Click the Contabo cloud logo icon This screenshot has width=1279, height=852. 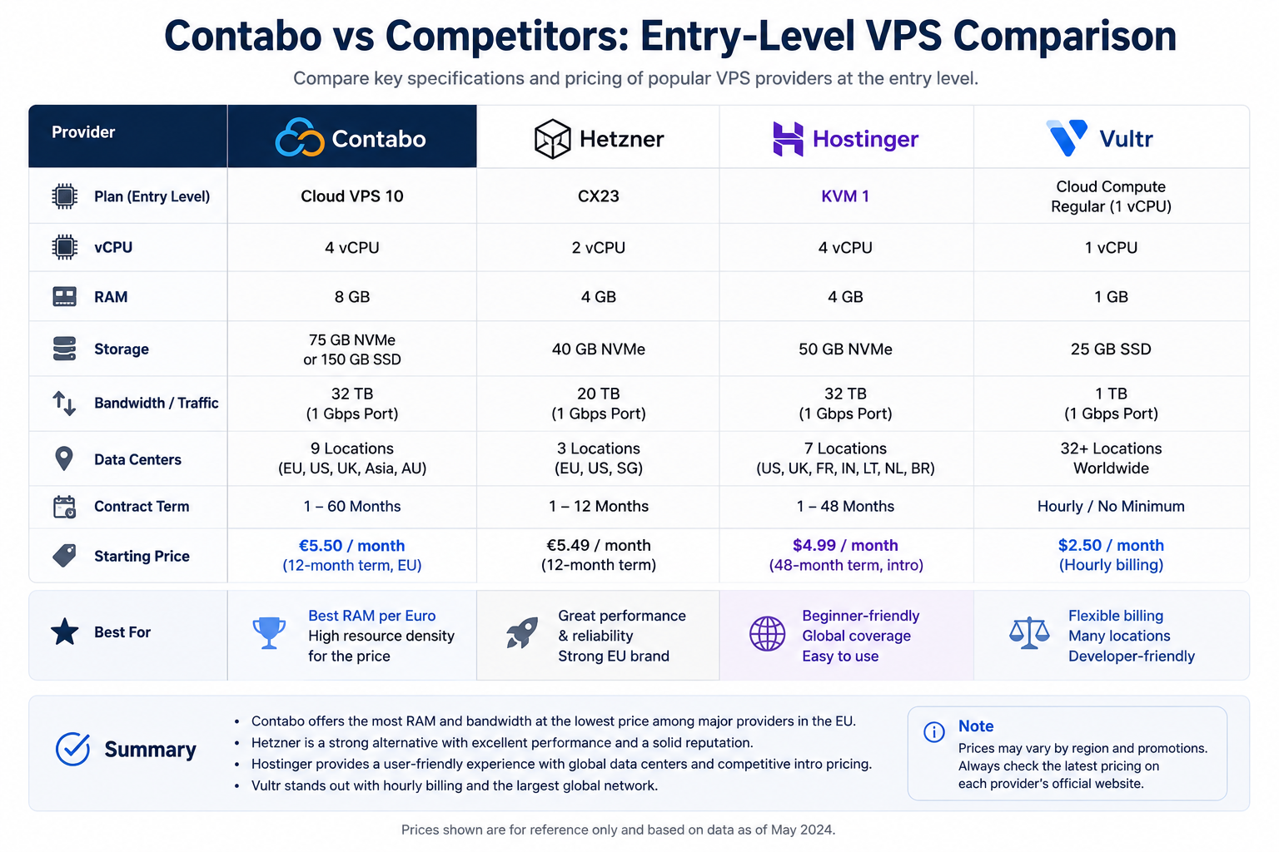(300, 137)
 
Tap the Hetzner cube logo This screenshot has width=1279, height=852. (552, 139)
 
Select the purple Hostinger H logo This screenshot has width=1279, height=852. (788, 139)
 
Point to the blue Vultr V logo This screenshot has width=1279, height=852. (1067, 137)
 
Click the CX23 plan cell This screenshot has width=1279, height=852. (599, 196)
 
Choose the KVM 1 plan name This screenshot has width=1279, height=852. (845, 196)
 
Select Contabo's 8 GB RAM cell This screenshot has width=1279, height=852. (352, 297)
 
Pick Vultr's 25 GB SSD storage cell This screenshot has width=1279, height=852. (1111, 349)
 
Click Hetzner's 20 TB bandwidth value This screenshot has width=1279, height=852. (599, 394)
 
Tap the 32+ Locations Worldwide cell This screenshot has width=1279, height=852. (1111, 458)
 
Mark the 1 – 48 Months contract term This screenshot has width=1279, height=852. (845, 506)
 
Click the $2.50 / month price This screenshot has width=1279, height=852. (1111, 545)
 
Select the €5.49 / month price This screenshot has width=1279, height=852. (599, 545)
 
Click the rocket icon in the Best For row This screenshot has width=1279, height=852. (522, 632)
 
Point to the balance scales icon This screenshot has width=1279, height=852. (1029, 633)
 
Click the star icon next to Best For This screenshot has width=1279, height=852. (64, 632)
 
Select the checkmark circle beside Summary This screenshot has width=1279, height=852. (72, 749)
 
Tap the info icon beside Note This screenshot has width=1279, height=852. (934, 731)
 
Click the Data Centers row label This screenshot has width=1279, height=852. (137, 459)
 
